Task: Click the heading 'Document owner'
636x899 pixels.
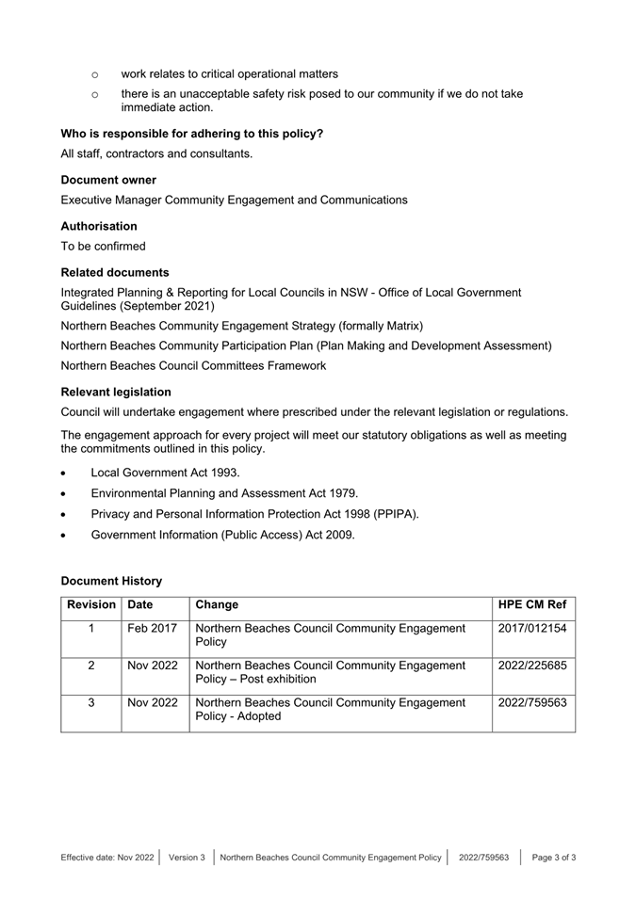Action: click(108, 180)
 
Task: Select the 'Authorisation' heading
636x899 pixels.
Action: click(99, 226)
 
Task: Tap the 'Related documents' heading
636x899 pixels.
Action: click(115, 272)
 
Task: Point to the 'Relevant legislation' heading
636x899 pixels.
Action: click(116, 392)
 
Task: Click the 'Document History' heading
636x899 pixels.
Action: click(111, 581)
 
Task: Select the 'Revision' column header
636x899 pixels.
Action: click(91, 604)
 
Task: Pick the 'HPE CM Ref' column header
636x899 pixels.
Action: click(532, 604)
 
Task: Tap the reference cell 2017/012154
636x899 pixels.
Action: click(532, 628)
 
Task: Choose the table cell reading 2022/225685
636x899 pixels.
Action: click(532, 666)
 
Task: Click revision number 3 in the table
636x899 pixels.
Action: click(91, 702)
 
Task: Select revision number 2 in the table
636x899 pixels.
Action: click(91, 666)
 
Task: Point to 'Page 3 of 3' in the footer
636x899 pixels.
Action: click(554, 858)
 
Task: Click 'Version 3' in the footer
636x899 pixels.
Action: click(187, 858)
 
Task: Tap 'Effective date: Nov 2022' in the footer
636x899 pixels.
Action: click(106, 858)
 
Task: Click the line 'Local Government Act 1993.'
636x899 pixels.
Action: click(166, 473)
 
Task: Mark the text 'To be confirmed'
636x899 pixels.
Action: click(104, 247)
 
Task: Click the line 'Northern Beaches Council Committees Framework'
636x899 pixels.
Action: click(194, 365)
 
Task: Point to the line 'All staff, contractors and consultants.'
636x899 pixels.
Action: click(156, 153)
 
